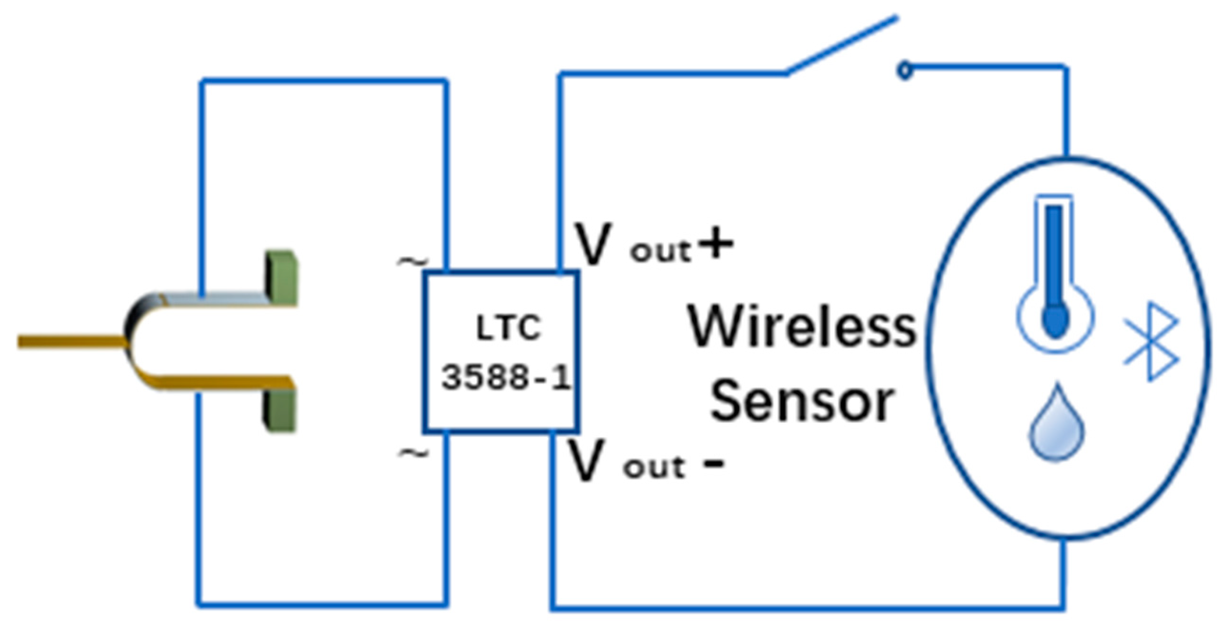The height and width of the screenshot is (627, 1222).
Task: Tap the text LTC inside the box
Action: pyautogui.click(x=508, y=328)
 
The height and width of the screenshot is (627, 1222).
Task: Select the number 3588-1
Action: pyautogui.click(x=506, y=378)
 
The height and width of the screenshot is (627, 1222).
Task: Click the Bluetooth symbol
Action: pyautogui.click(x=1152, y=341)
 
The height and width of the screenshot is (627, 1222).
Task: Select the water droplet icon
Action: pyautogui.click(x=1057, y=424)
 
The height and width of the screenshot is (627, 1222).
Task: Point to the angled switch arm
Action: pyautogui.click(x=841, y=46)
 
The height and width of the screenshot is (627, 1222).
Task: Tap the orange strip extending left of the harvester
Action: pyautogui.click(x=71, y=341)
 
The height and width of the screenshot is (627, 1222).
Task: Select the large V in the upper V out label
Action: pyautogui.click(x=592, y=244)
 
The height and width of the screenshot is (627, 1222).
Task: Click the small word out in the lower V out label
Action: pyautogui.click(x=654, y=468)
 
